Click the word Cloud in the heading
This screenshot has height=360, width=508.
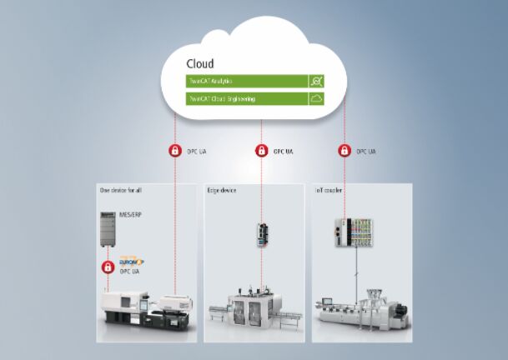tap(199, 63)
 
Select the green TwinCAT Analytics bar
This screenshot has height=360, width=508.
tap(245, 81)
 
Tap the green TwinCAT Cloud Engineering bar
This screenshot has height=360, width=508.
tap(245, 99)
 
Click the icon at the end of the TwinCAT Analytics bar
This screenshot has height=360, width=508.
tap(315, 81)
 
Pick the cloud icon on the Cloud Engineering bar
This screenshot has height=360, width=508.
tap(315, 99)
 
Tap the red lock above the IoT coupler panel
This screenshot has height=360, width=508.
tap(343, 151)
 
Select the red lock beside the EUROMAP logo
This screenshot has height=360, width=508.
tap(108, 267)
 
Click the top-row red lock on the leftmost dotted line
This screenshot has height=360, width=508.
tap(175, 151)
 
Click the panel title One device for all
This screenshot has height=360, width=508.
tap(123, 191)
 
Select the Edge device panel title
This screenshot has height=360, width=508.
tap(222, 191)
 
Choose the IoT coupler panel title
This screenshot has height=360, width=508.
tap(329, 191)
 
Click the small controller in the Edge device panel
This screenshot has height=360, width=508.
tap(261, 232)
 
